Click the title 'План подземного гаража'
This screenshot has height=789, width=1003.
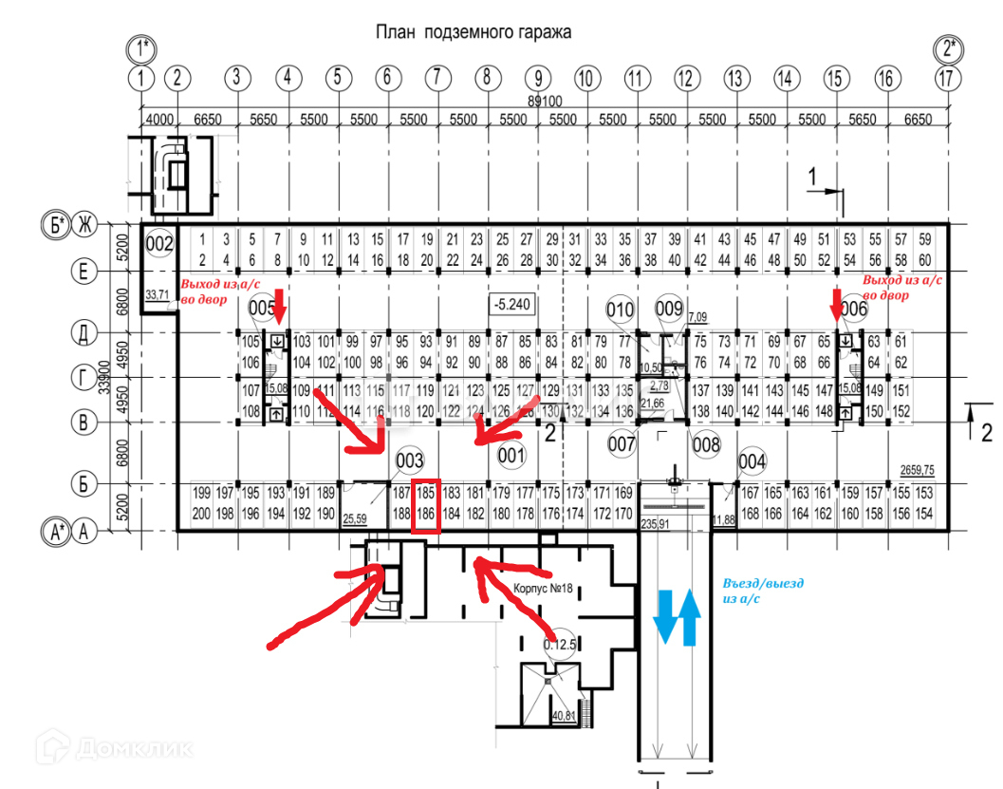tap(473, 32)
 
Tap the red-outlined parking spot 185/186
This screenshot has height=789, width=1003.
tap(426, 505)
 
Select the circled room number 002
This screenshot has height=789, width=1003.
tap(160, 244)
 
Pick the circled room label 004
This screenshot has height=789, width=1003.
tap(751, 461)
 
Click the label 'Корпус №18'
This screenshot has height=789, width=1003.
tap(542, 588)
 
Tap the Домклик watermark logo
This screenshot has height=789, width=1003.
tap(115, 746)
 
